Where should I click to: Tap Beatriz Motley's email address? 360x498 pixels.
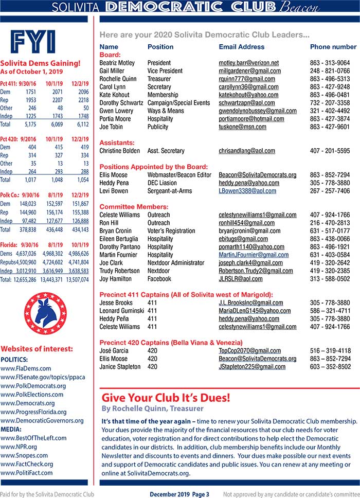(x=248, y=63)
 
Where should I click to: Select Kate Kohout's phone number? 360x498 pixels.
(x=330, y=95)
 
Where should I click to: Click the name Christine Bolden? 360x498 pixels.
(x=119, y=151)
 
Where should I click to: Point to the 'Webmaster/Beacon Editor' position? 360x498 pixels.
(x=179, y=175)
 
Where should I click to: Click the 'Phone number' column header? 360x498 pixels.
(x=333, y=47)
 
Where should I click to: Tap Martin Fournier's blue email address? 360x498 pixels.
(x=254, y=255)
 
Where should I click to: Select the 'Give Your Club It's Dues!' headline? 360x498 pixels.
(x=166, y=398)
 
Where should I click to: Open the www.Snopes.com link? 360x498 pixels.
(x=24, y=455)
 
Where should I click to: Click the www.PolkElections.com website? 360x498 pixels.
(x=32, y=395)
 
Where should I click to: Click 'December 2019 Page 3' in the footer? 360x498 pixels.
(x=179, y=494)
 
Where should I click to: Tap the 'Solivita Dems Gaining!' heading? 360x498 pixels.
(x=40, y=63)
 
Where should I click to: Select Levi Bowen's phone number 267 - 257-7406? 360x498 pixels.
(x=330, y=191)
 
